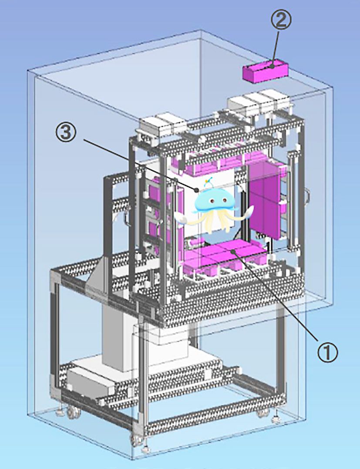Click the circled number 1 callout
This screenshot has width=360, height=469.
click(327, 352)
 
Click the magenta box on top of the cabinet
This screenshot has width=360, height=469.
click(265, 71)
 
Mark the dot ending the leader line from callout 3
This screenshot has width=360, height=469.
click(196, 189)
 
